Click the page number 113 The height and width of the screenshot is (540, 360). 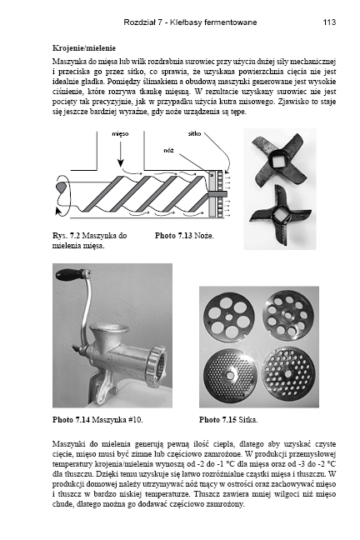pos(329,22)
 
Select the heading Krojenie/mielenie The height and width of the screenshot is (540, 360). pos(84,48)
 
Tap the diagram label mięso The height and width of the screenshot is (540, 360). pos(120,134)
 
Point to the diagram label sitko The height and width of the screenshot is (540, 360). pos(195,133)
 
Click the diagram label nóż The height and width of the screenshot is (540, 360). pos(168,151)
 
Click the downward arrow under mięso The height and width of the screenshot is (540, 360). pos(120,153)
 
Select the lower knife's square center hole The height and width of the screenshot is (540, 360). pos(281,215)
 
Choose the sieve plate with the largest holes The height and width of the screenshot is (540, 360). pos(229,317)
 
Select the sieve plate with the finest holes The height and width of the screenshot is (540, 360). pos(230,374)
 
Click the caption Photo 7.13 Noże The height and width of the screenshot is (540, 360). pos(184,236)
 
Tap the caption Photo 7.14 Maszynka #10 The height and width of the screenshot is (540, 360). pos(97,420)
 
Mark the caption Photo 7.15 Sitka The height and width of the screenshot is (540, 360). pos(228,420)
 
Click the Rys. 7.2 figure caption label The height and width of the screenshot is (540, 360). pos(67,236)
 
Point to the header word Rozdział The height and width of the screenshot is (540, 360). pos(138,22)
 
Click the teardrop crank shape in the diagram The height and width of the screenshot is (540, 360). pos(61,187)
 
